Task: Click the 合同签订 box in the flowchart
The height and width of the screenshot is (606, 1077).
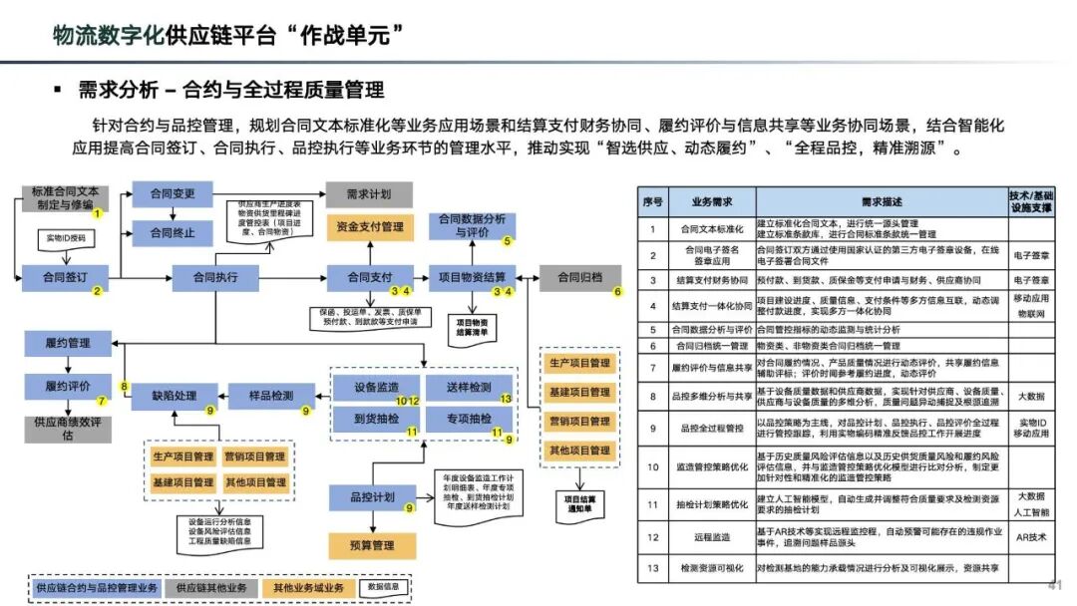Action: [x=63, y=277]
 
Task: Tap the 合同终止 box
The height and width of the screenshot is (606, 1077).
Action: [x=172, y=233]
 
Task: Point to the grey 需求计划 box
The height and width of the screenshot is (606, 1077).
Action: [x=368, y=193]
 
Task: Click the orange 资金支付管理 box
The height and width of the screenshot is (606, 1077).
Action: [x=370, y=226]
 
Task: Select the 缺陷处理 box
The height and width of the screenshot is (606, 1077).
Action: [x=173, y=396]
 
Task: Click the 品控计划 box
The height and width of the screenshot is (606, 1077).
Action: [x=373, y=496]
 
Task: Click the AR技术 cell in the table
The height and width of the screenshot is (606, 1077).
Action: [x=1030, y=536]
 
